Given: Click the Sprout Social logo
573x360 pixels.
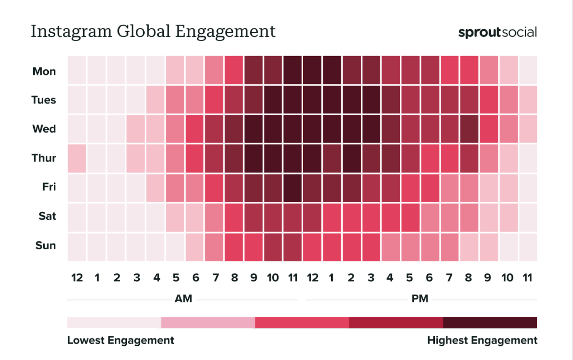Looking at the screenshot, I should [x=497, y=33].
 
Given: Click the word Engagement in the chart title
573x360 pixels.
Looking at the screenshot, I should [x=225, y=32].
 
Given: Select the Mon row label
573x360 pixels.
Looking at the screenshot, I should [x=44, y=71].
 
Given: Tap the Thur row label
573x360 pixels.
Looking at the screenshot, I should [x=44, y=158].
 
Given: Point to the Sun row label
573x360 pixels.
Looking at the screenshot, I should [x=45, y=245].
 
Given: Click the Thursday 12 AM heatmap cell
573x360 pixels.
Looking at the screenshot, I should [x=77, y=158].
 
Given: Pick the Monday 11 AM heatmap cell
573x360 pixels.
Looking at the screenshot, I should [x=293, y=70].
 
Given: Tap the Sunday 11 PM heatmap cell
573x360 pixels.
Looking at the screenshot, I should [x=528, y=247].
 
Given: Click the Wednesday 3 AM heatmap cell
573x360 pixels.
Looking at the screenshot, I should [x=135, y=129].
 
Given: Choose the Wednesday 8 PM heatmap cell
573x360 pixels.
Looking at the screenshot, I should [x=469, y=129].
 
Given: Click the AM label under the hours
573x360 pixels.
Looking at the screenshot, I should [x=183, y=298].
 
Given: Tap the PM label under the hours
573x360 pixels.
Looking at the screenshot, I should [x=420, y=298].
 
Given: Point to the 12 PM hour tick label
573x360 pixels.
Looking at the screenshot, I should [x=312, y=278].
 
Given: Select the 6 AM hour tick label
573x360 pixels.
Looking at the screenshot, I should [x=196, y=278].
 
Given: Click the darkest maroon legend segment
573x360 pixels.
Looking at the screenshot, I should [x=490, y=322].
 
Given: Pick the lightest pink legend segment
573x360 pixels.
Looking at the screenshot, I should [x=114, y=322].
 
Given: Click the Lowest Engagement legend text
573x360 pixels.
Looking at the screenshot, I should [x=120, y=340].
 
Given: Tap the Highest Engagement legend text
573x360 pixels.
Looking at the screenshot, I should [x=482, y=340].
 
